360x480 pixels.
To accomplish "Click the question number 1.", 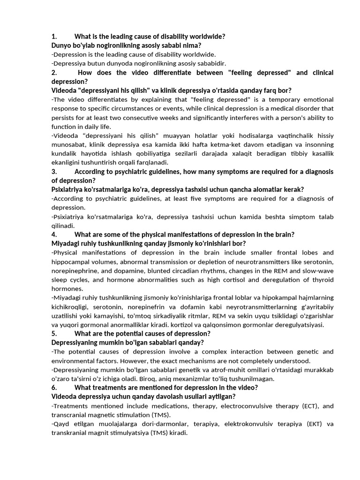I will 54,37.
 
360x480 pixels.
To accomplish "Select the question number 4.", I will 54,234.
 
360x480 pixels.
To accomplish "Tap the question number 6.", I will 54,388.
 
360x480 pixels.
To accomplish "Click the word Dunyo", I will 61,45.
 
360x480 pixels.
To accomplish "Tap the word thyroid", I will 323,280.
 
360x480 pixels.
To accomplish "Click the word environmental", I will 73,361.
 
